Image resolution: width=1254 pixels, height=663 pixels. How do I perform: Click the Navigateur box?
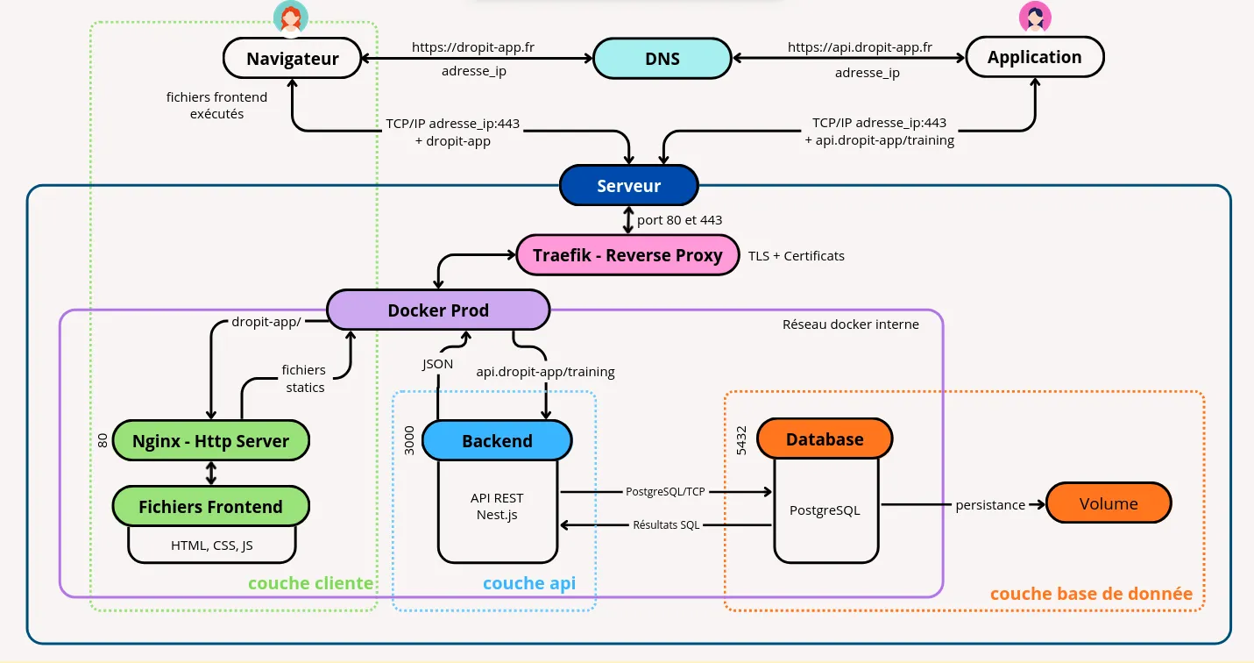coord(292,60)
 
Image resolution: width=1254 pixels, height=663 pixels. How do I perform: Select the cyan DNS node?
coord(662,60)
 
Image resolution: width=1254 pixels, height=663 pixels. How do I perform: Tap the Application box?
coord(1034,58)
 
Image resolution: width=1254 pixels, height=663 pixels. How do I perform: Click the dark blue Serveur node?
coord(628,186)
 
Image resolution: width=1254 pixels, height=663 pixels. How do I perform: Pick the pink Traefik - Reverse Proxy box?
coord(628,255)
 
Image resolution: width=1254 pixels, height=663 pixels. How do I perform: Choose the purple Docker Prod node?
coord(438,310)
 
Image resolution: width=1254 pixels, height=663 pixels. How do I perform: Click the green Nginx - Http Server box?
coord(210,441)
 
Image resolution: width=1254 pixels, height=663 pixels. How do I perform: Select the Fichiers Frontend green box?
coord(210,507)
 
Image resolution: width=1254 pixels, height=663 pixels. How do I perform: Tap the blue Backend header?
coord(497,441)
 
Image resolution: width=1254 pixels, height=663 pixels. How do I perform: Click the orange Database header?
coord(824,439)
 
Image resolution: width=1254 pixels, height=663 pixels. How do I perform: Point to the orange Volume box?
coord(1109,504)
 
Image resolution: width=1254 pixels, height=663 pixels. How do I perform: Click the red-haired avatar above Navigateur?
coord(290,16)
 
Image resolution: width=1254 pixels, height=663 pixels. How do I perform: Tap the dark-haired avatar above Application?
coord(1034,16)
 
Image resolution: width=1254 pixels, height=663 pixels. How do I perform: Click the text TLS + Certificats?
coord(796,256)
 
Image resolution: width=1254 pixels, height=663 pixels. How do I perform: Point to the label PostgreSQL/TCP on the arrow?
coord(665,492)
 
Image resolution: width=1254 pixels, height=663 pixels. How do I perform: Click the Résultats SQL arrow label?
coord(666,525)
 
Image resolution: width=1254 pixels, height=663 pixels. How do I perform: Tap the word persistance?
coord(990,505)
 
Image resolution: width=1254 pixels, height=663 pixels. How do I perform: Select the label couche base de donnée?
coord(1091,594)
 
